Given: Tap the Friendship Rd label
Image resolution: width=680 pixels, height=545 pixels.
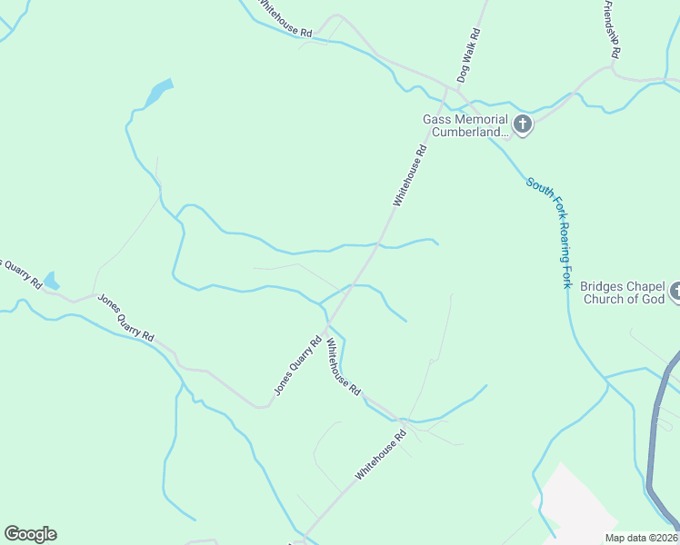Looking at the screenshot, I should click(611, 29).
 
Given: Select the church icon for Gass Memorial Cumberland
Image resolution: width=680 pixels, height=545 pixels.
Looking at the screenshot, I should click(523, 124).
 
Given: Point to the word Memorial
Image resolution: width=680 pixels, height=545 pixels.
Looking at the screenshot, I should click(477, 119).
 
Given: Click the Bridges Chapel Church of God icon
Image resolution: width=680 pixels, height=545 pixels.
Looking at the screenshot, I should click(675, 292).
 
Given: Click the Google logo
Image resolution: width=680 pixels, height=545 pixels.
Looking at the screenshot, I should click(30, 534).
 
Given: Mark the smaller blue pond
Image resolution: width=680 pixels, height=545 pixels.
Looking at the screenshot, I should click(51, 281).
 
